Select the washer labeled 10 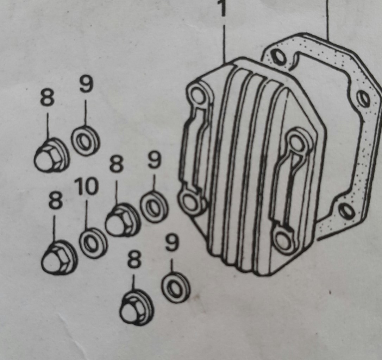pyautogui.click(x=93, y=243)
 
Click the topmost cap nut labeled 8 pyautogui.click(x=52, y=155)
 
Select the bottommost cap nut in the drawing pyautogui.click(x=137, y=307)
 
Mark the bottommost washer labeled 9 pyautogui.click(x=176, y=288)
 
